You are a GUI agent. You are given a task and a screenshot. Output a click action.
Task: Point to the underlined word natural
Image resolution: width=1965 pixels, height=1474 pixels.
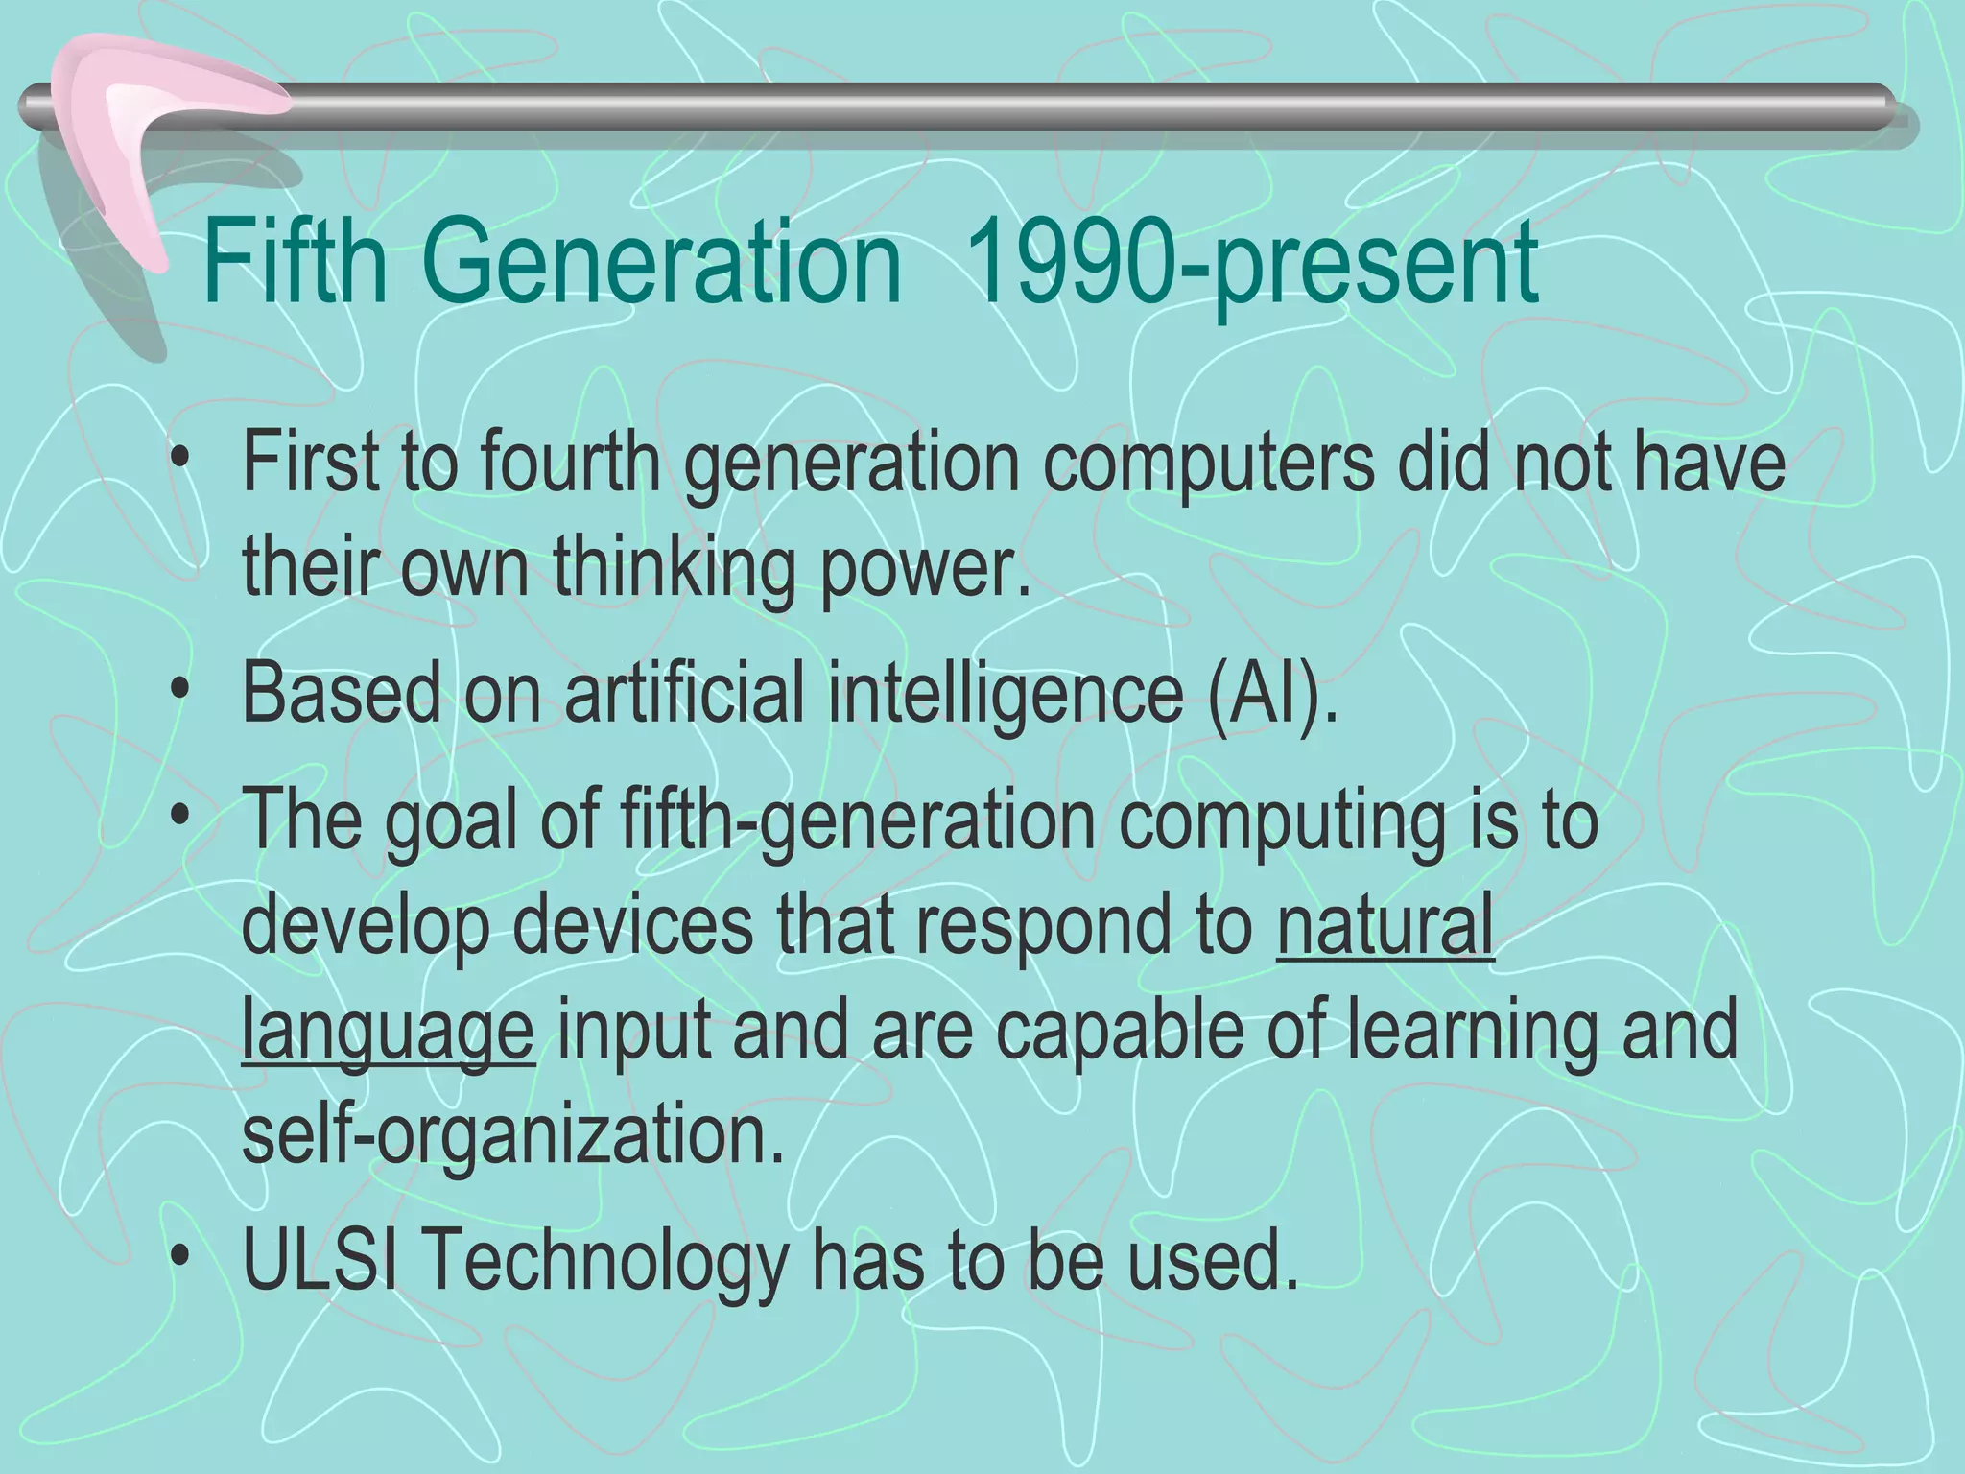tap(1385, 924)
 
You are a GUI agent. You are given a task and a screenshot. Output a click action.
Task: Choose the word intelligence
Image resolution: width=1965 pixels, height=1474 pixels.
tap(1006, 692)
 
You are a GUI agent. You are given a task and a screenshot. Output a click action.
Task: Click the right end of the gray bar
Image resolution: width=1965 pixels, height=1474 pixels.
tap(1885, 118)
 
